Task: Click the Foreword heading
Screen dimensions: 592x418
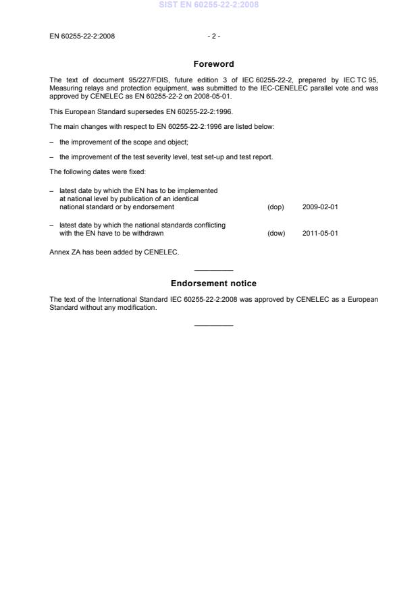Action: click(213, 64)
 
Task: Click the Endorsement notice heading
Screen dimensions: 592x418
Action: click(213, 284)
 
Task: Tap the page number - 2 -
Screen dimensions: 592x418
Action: click(213, 36)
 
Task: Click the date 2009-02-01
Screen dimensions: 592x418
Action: click(320, 207)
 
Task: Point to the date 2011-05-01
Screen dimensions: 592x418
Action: click(320, 234)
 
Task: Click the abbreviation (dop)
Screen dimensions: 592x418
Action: click(276, 207)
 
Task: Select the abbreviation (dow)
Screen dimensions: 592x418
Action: click(276, 234)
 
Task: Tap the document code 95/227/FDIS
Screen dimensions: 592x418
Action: click(128, 80)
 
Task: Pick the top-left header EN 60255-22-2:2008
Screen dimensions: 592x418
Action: click(82, 36)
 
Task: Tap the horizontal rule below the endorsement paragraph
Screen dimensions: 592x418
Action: click(213, 325)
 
